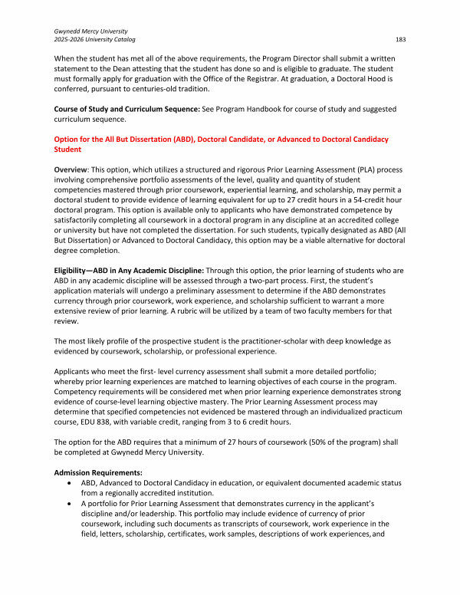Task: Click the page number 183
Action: click(x=401, y=38)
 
